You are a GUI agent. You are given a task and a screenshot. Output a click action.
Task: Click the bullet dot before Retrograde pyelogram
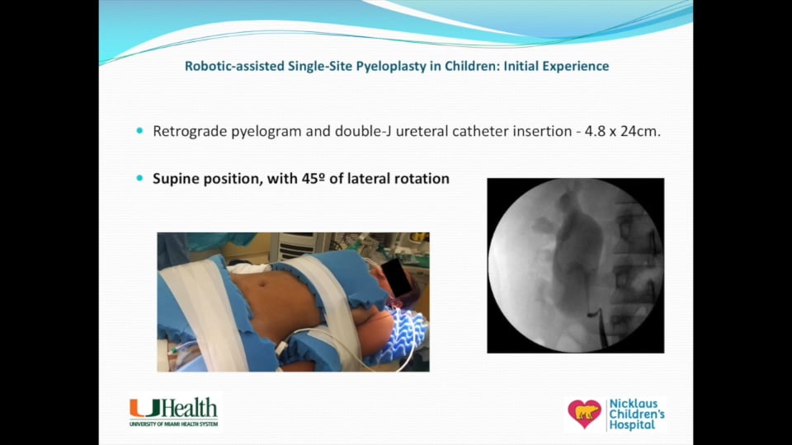click(x=139, y=131)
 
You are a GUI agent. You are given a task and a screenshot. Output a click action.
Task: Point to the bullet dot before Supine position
click(x=139, y=178)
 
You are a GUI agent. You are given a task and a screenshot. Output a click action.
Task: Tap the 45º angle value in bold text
click(x=339, y=178)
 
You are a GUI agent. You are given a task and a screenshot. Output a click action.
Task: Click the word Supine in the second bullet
click(x=176, y=178)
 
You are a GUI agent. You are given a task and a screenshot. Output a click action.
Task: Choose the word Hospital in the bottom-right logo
click(x=633, y=425)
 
